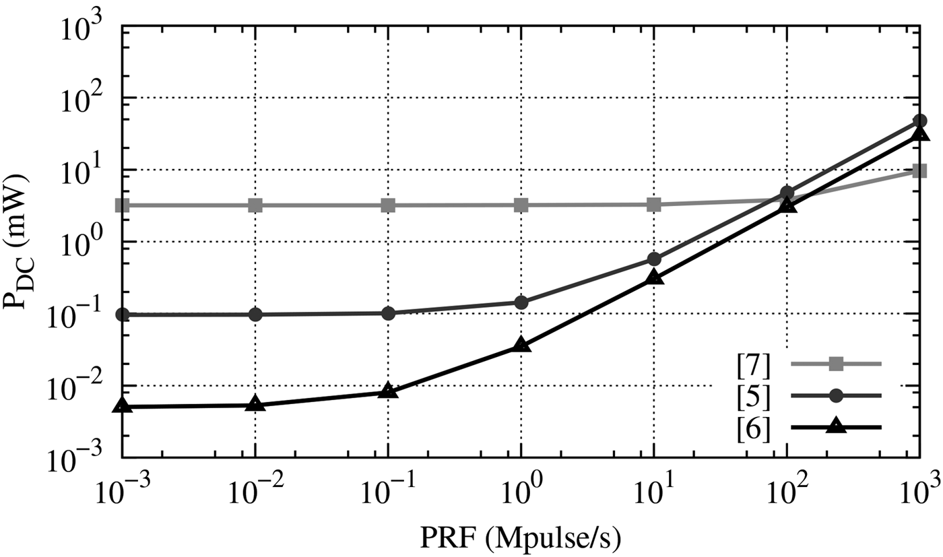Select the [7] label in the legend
click(x=754, y=364)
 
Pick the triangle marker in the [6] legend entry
click(x=835, y=426)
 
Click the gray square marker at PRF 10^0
click(x=521, y=204)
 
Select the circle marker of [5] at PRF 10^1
click(x=653, y=259)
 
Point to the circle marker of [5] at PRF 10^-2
click(x=255, y=315)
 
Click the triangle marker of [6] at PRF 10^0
click(x=521, y=346)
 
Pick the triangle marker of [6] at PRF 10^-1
click(x=388, y=391)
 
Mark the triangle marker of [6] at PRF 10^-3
click(x=122, y=405)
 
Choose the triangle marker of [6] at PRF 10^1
click(x=653, y=277)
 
